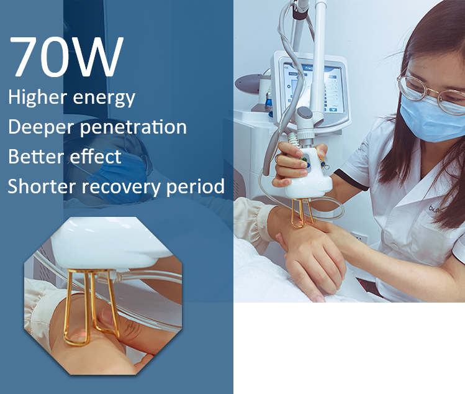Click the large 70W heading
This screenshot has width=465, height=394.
pos(66,57)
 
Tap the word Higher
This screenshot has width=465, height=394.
pos(37,97)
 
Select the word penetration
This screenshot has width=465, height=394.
pos(133,127)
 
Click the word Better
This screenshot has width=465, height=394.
pos(35,156)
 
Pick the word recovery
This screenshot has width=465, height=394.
pos(122,187)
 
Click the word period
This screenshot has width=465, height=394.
pos(196,187)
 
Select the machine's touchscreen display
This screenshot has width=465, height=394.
pos(314,88)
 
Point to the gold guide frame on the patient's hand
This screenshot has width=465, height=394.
pos(302,213)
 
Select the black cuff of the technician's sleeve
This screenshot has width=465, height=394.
pos(351,180)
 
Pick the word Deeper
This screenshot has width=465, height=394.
pos(42,127)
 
